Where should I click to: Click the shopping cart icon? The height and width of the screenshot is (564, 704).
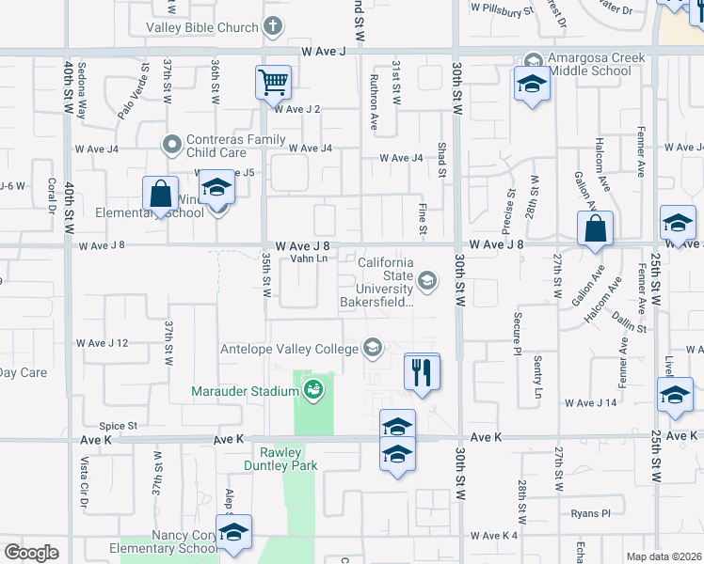coord(273,83)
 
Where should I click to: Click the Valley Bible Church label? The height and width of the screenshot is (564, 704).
coord(201,27)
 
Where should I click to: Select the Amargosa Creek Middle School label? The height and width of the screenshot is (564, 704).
coord(598,64)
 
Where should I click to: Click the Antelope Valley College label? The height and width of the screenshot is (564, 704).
coord(289,350)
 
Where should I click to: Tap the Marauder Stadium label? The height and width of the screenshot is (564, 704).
coord(245,391)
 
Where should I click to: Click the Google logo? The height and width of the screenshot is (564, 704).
coord(31,553)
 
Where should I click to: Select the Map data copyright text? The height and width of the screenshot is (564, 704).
coord(664,556)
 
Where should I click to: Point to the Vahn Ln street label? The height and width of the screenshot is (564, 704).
coord(309,258)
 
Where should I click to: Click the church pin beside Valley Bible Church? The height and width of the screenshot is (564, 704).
coord(273,26)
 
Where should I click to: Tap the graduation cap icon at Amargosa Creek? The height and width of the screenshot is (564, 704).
coord(532,85)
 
